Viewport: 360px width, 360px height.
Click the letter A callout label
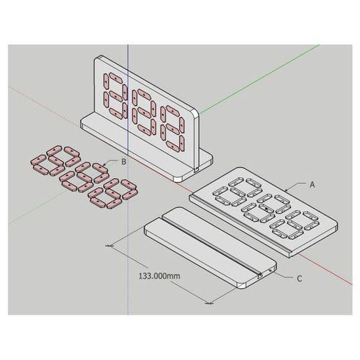tap(312, 184)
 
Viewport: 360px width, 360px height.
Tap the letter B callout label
tap(124, 162)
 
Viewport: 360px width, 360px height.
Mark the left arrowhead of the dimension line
tap(109, 246)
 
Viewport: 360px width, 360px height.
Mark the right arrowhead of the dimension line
tap(210, 304)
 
